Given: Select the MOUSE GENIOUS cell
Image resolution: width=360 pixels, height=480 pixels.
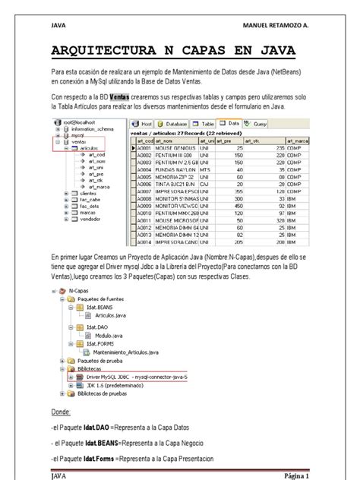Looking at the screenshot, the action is pyautogui.click(x=176, y=148).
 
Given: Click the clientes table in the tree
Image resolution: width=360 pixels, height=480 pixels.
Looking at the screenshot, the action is pyautogui.click(x=88, y=214).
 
